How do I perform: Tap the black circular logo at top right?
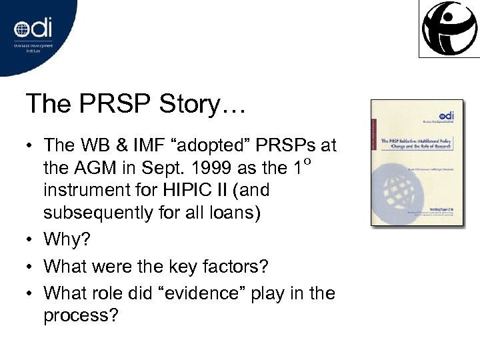[x=450, y=29]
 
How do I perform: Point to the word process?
[x=80, y=315]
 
